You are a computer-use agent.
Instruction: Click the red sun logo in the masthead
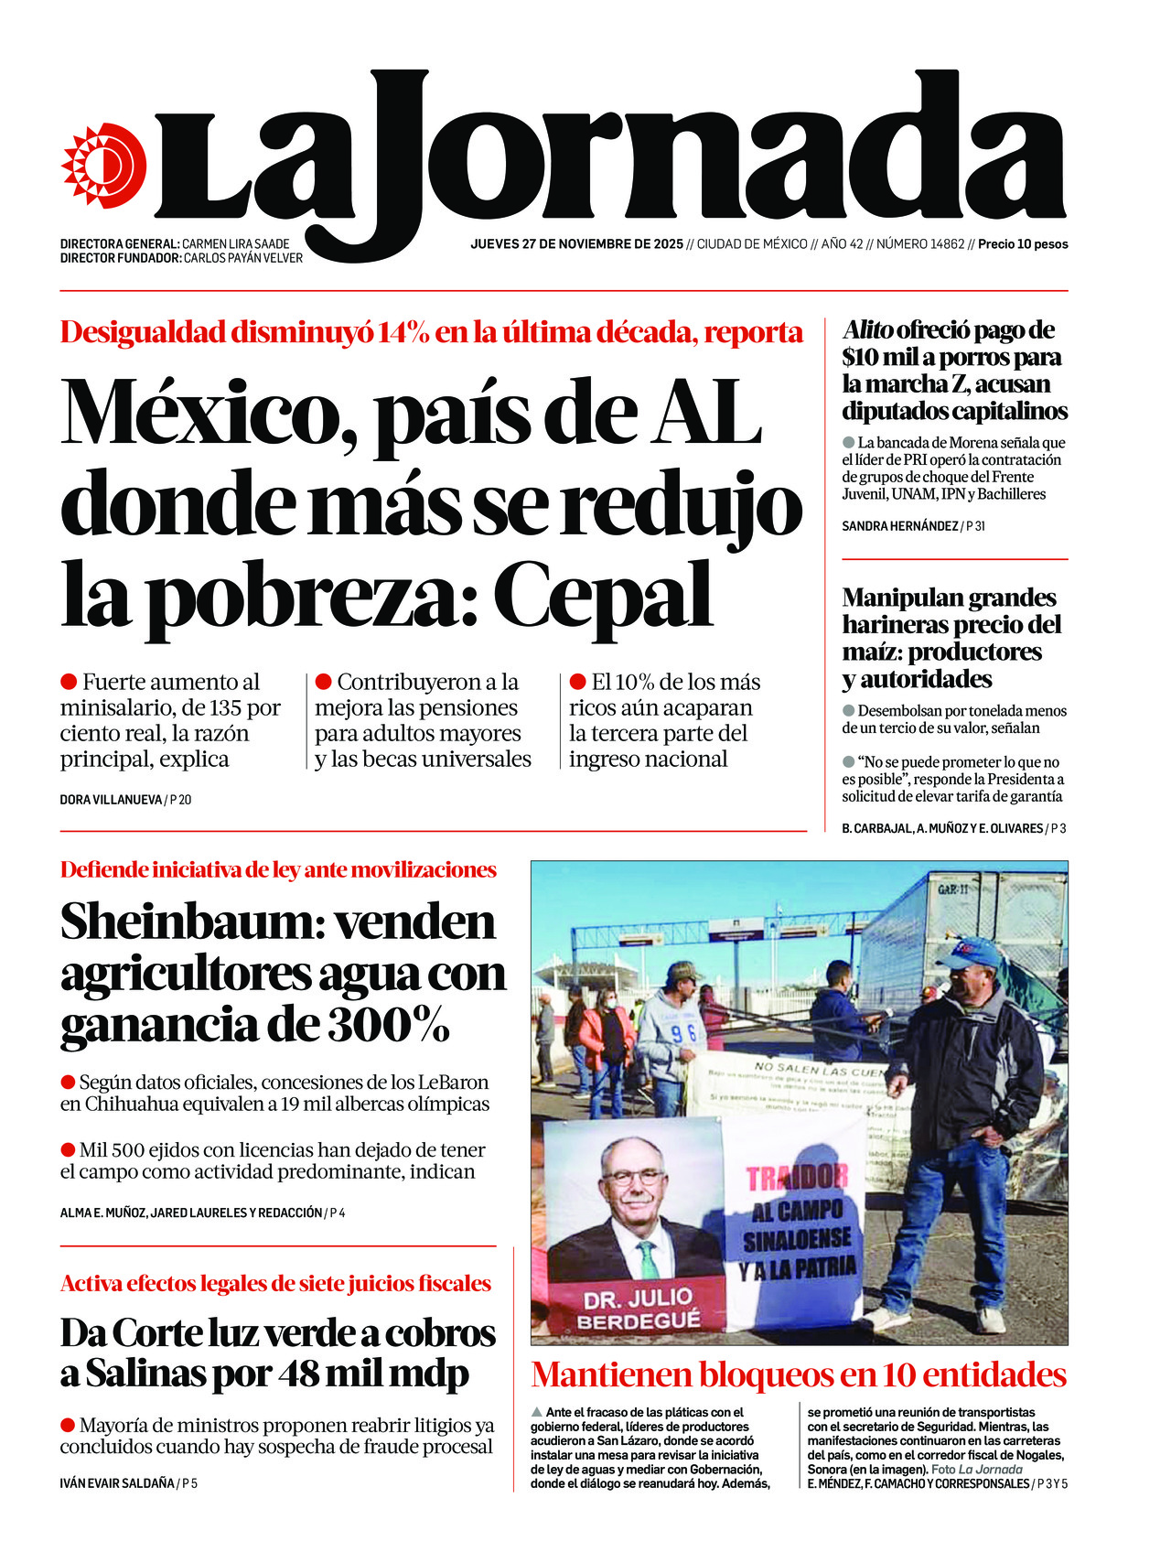(x=103, y=165)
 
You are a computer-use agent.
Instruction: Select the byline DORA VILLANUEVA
(x=110, y=800)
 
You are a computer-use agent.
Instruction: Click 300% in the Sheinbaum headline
(x=389, y=1025)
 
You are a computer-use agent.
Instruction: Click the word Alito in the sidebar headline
(x=867, y=330)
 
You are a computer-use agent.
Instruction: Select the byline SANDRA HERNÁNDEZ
(x=899, y=526)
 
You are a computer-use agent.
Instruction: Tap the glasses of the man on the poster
(x=633, y=1177)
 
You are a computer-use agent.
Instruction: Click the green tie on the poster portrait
(x=648, y=1260)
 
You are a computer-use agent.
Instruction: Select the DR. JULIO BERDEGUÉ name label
(x=638, y=1309)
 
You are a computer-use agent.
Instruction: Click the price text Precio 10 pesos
(x=1023, y=244)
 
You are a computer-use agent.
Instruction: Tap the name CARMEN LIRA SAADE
(x=235, y=244)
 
